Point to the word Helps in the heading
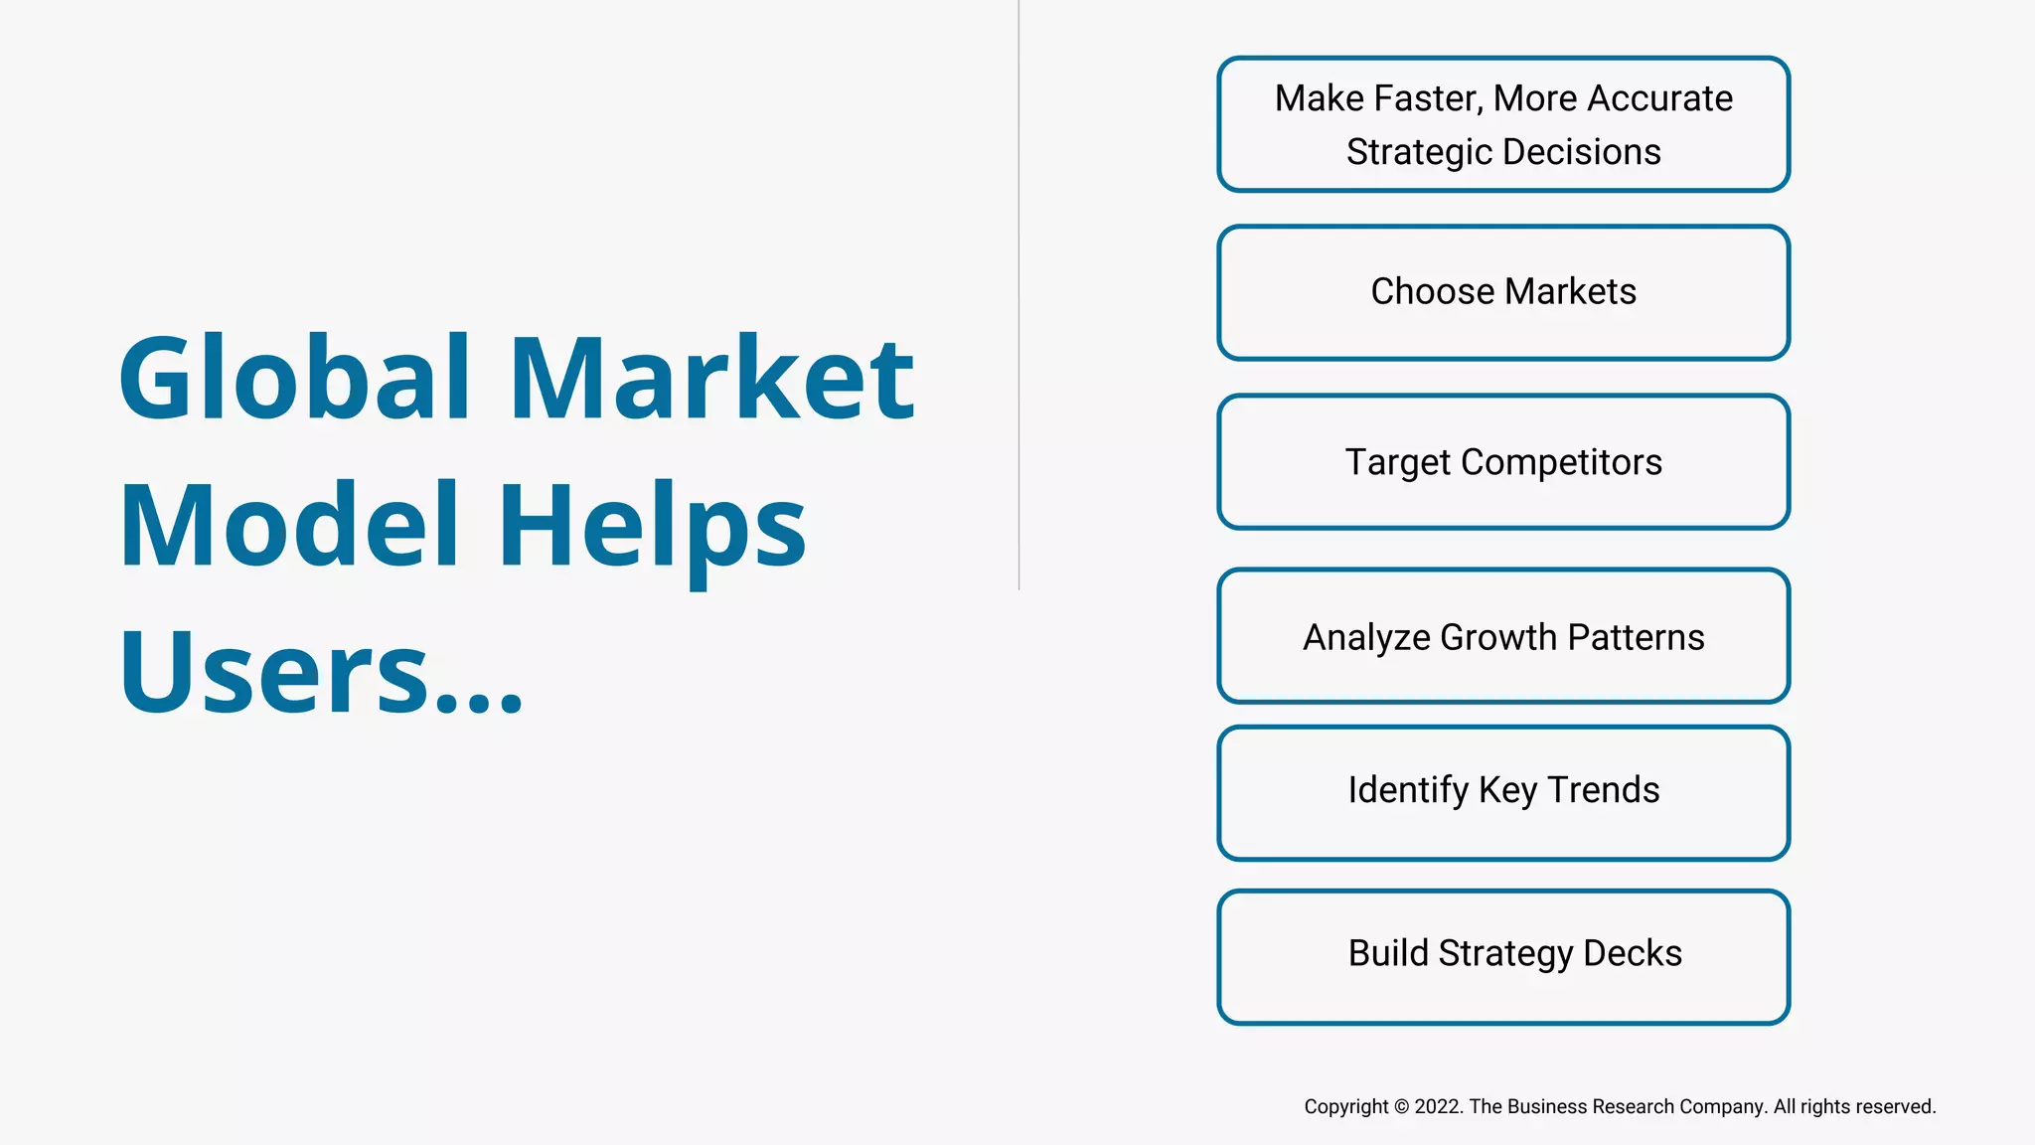652,527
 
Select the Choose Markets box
1503,292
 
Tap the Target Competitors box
1503,462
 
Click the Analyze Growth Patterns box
1503,636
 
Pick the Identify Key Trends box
1503,792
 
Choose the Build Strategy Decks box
1503,956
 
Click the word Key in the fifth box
1507,791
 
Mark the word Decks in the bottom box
1633,953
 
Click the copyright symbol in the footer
1401,1107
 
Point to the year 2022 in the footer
1438,1107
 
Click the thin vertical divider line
1019,298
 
